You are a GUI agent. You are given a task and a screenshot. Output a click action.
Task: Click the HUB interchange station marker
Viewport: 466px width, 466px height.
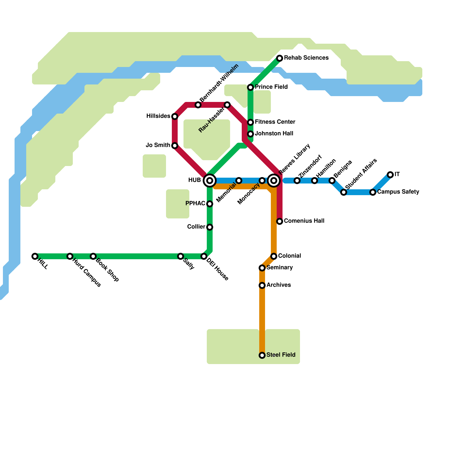click(210, 181)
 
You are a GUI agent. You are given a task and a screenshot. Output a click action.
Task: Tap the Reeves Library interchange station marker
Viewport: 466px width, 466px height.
click(274, 181)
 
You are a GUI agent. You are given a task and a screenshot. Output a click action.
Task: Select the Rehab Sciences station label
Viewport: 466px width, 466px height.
click(306, 58)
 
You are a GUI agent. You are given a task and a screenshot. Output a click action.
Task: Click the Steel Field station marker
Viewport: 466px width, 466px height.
click(262, 355)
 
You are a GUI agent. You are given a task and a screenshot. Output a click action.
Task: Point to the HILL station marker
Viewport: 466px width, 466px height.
click(35, 256)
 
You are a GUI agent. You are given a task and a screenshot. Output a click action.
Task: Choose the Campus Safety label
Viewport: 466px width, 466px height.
click(398, 192)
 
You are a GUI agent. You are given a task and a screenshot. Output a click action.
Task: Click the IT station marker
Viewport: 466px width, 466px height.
click(390, 175)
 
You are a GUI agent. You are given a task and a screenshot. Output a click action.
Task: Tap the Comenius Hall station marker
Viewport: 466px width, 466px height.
click(280, 221)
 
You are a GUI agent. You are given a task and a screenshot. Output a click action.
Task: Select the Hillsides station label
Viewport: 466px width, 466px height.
click(158, 116)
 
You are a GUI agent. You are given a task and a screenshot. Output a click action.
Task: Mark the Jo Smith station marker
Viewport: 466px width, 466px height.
click(175, 146)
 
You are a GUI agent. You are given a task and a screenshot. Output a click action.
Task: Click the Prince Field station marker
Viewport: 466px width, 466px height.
click(250, 87)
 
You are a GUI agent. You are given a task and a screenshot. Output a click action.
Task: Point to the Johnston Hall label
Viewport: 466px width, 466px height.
click(274, 134)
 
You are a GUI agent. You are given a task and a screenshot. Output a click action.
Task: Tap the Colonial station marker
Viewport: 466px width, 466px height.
click(274, 256)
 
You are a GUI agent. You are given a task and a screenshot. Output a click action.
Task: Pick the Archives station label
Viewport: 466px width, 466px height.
click(278, 285)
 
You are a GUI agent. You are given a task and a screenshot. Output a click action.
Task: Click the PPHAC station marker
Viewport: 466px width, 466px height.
click(210, 204)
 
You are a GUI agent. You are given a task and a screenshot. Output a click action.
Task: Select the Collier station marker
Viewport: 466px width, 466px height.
click(210, 227)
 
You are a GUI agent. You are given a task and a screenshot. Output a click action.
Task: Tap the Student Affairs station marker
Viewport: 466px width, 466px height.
click(344, 192)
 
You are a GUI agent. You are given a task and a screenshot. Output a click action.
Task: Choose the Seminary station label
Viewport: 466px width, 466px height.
click(279, 268)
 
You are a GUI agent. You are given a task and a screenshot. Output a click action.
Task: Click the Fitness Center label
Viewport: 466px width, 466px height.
click(275, 122)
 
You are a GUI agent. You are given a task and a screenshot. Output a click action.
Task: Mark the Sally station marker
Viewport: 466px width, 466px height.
click(181, 256)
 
